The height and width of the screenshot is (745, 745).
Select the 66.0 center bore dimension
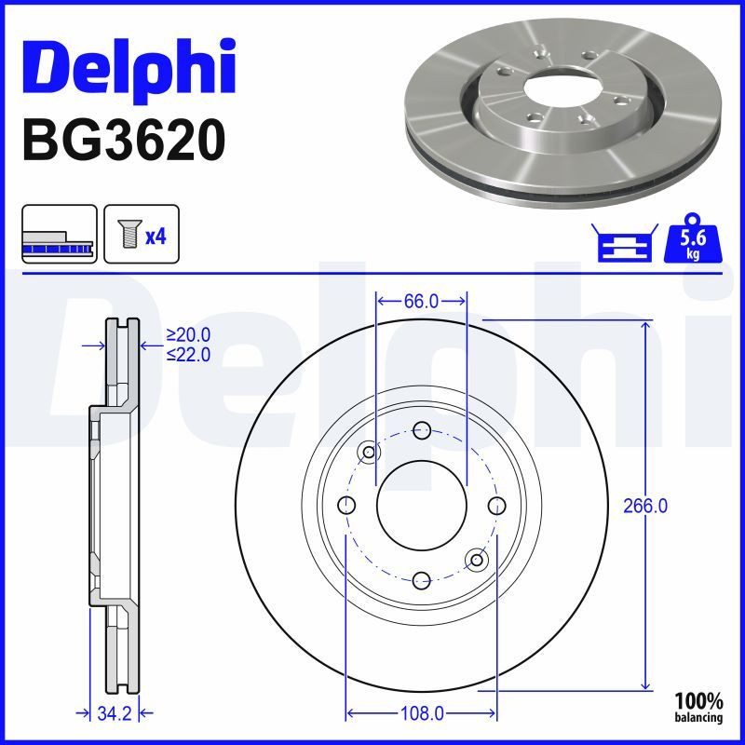click(421, 301)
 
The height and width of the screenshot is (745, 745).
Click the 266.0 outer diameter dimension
click(645, 506)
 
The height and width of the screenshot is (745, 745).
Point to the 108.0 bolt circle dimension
click(421, 713)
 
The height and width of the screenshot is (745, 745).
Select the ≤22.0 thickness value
click(188, 354)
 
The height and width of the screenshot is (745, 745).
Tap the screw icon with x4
click(141, 234)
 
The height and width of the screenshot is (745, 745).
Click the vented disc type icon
click(59, 234)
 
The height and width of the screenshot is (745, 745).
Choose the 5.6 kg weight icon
click(692, 242)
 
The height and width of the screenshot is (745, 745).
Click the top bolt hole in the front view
click(421, 430)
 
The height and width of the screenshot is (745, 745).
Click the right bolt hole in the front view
click(495, 505)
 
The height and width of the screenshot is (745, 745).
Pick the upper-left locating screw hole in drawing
click(369, 453)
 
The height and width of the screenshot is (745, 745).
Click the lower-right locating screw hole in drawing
click(478, 559)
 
